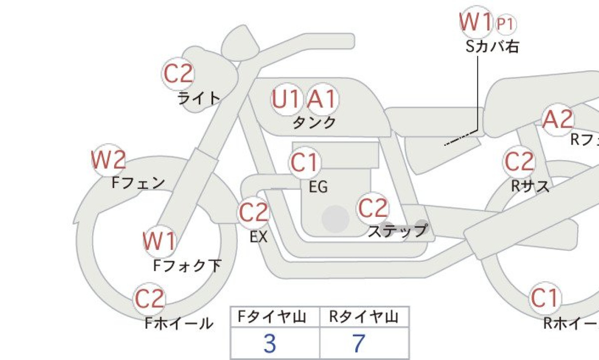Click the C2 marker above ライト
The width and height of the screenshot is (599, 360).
click(x=178, y=74)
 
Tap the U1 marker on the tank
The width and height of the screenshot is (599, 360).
click(x=287, y=100)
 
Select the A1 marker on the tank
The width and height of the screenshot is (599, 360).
click(x=322, y=100)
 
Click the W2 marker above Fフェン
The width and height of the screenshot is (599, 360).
click(x=108, y=161)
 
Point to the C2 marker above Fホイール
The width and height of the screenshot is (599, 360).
click(x=150, y=299)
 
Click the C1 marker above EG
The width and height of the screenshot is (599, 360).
click(x=304, y=163)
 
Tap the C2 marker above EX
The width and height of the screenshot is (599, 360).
click(x=254, y=213)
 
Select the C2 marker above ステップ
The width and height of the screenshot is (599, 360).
click(x=373, y=208)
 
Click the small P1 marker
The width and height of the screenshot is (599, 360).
click(x=506, y=23)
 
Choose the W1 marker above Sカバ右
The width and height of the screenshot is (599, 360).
click(x=475, y=22)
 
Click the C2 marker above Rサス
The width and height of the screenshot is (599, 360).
click(x=519, y=162)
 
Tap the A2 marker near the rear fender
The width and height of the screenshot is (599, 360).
click(x=558, y=120)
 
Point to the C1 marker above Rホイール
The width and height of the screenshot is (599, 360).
click(x=544, y=299)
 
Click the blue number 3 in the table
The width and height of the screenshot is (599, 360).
click(x=270, y=344)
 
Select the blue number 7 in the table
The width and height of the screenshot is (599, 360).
click(x=359, y=344)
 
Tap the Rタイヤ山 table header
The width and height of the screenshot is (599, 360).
click(x=364, y=317)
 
